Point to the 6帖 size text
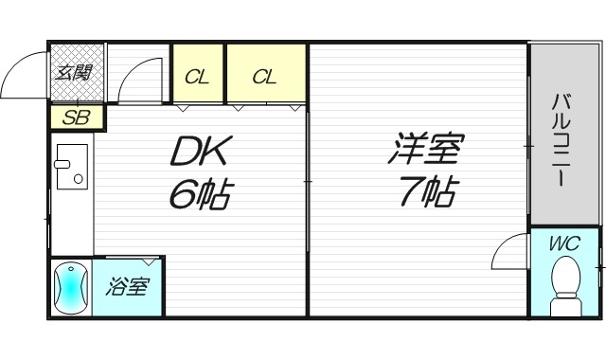pyautogui.click(x=201, y=195)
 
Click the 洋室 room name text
pyautogui.click(x=423, y=153)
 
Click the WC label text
pyautogui.click(x=564, y=244)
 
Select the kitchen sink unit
pyautogui.click(x=71, y=171)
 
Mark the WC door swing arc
pyautogui.click(x=508, y=254)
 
